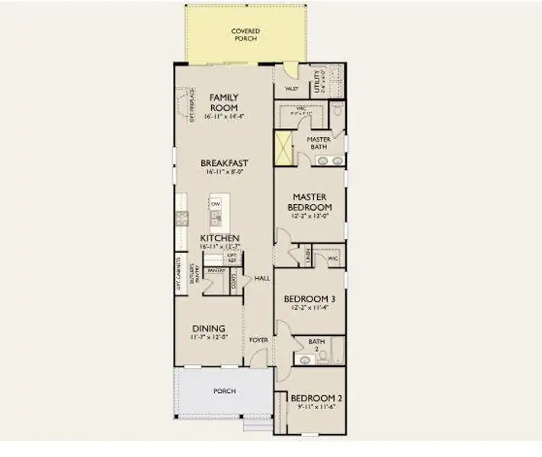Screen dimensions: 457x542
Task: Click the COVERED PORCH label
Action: (245, 34)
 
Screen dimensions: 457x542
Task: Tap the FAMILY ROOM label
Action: (224, 102)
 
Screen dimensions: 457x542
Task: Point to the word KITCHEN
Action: (220, 238)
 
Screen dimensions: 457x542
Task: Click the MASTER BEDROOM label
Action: (310, 202)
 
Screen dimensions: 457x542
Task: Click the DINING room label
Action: (208, 328)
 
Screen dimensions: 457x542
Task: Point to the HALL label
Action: (262, 278)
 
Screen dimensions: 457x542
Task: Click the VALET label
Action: (290, 88)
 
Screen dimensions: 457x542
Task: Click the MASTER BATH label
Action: (318, 142)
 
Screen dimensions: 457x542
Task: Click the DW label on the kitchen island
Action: (216, 205)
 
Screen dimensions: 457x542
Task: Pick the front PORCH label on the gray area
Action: (224, 391)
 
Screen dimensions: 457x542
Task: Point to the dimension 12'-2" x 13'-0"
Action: (309, 216)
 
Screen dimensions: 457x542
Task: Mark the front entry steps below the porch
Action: (257, 425)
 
